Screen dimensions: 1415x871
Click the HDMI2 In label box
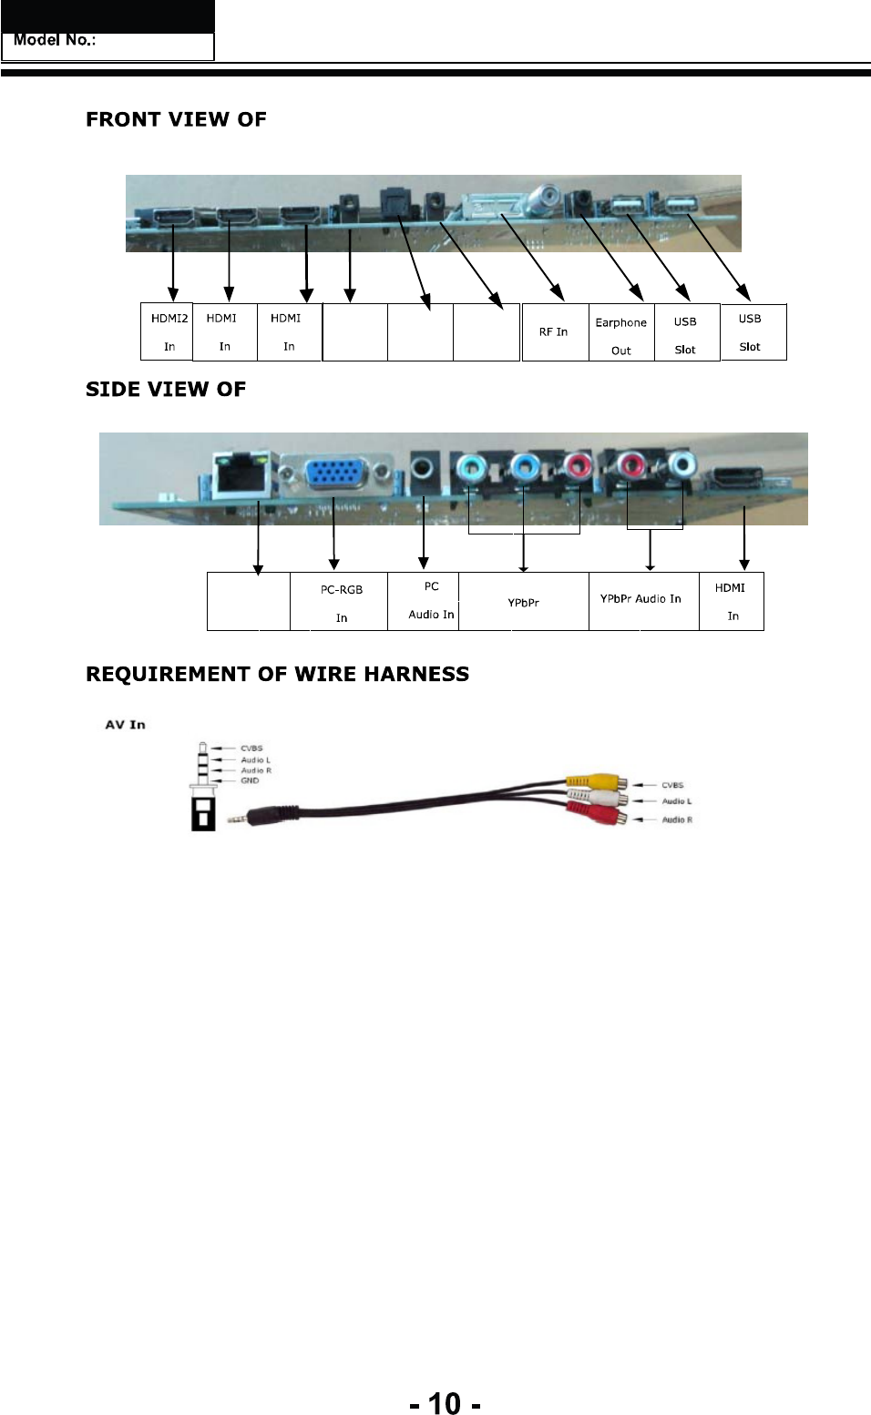pyautogui.click(x=168, y=331)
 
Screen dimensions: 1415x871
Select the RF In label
pyautogui.click(x=553, y=332)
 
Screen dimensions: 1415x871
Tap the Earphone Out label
pyautogui.click(x=620, y=336)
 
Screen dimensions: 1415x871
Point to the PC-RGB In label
pyautogui.click(x=341, y=603)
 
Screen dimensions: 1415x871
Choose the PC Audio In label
pyautogui.click(x=431, y=600)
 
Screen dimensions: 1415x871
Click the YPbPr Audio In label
pyautogui.click(x=640, y=599)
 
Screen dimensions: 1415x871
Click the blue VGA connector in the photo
pyautogui.click(x=335, y=475)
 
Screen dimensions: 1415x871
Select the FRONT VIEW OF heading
pyautogui.click(x=176, y=120)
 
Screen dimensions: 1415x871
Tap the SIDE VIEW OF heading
pyautogui.click(x=166, y=390)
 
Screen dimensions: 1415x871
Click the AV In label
pyautogui.click(x=126, y=725)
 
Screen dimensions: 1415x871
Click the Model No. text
pyautogui.click(x=56, y=41)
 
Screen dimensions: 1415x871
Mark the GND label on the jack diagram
pyautogui.click(x=250, y=780)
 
